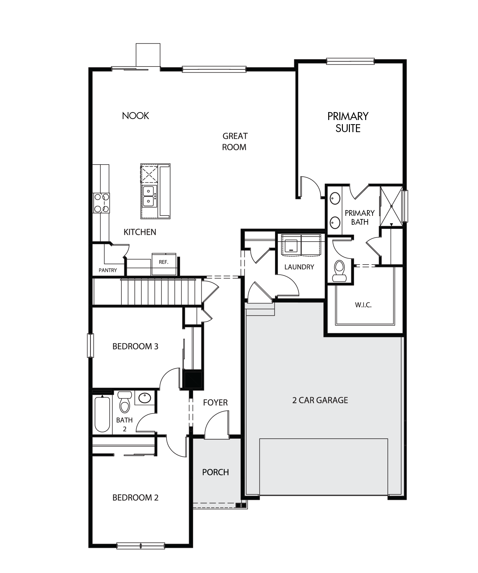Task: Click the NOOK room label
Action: pyautogui.click(x=135, y=116)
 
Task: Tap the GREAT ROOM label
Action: pyautogui.click(x=235, y=142)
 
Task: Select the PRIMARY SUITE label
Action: pyautogui.click(x=348, y=122)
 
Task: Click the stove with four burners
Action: pyautogui.click(x=101, y=203)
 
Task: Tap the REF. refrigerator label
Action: pyautogui.click(x=163, y=262)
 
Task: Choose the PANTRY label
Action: pyautogui.click(x=108, y=270)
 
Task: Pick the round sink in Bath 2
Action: pyautogui.click(x=145, y=398)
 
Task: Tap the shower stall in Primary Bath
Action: pyautogui.click(x=391, y=206)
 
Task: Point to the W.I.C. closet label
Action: pyautogui.click(x=363, y=305)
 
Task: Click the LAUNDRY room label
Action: pyautogui.click(x=299, y=267)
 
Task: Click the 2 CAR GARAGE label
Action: pyautogui.click(x=320, y=400)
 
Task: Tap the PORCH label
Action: pyautogui.click(x=215, y=472)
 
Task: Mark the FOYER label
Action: pyautogui.click(x=215, y=403)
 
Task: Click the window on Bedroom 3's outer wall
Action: pyautogui.click(x=91, y=345)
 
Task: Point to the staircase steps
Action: pyautogui.click(x=158, y=292)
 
